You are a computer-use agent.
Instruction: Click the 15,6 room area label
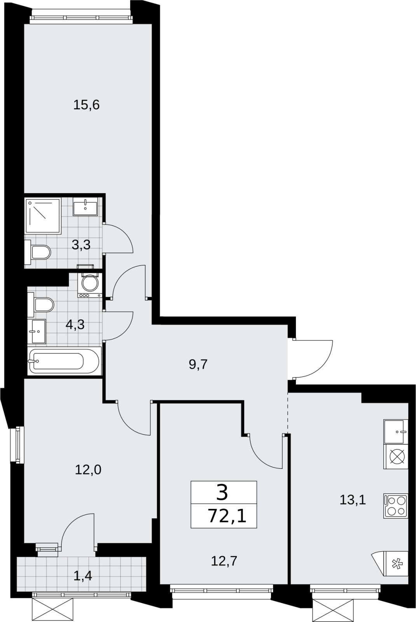coord(86,105)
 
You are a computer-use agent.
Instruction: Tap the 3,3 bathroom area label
coord(81,245)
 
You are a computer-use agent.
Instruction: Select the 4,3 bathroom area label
coord(75,324)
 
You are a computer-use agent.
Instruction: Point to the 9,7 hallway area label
coord(198,364)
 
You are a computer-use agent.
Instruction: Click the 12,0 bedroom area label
coord(88,470)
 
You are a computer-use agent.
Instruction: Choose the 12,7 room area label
coord(224,561)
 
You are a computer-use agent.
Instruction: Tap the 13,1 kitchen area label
coord(353,500)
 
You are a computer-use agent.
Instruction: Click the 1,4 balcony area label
coord(82,577)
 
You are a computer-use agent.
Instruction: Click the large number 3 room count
coord(222,492)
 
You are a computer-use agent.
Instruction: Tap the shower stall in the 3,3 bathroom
coord(43,216)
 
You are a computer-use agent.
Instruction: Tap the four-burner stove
coord(396,506)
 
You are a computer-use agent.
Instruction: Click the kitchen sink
coord(396,432)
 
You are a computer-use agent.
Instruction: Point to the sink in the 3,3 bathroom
coord(85,206)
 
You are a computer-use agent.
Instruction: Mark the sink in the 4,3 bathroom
coord(37,331)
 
